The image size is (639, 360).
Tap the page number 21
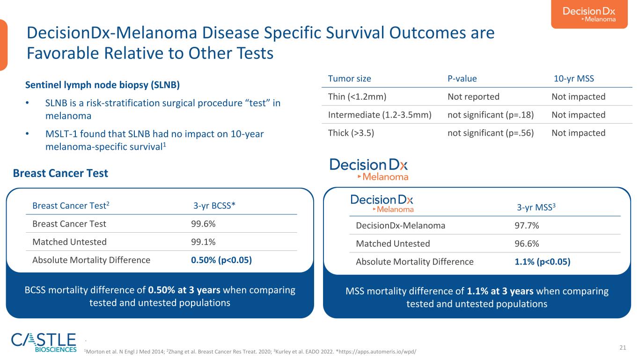(x=623, y=347)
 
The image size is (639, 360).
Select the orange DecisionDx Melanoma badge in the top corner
(x=589, y=14)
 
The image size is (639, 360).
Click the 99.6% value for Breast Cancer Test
(x=203, y=224)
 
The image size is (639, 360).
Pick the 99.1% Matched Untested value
(x=203, y=242)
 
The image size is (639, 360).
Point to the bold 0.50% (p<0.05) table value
(x=221, y=260)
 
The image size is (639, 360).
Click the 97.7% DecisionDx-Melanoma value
(x=527, y=226)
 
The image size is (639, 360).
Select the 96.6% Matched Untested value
(x=527, y=243)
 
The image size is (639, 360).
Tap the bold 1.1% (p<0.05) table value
(x=542, y=262)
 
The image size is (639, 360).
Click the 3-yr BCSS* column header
(x=214, y=206)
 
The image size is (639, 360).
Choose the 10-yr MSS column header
(x=573, y=79)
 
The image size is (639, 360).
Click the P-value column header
(x=462, y=79)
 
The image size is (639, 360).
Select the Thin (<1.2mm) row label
(x=357, y=97)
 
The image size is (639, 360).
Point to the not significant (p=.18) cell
(x=491, y=115)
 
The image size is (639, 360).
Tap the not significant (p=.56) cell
(x=491, y=133)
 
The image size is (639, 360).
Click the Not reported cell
(x=474, y=97)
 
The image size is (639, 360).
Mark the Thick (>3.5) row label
(x=351, y=133)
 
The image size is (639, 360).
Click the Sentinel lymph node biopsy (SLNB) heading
(x=103, y=85)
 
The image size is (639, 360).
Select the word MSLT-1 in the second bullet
(x=61, y=134)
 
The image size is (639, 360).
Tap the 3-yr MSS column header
(x=536, y=207)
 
